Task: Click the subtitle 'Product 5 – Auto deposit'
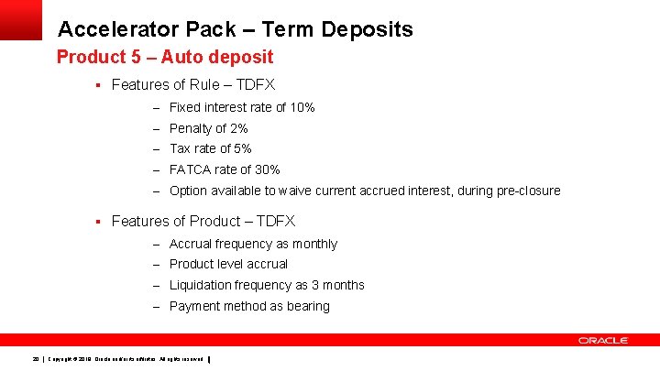[x=165, y=58]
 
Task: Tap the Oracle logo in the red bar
[x=602, y=340]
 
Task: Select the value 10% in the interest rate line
[x=302, y=107]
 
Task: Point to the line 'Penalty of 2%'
[x=209, y=128]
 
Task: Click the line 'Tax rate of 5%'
[x=211, y=148]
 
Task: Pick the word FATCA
[x=192, y=169]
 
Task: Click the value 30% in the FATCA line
[x=267, y=169]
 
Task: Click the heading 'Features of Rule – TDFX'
[x=192, y=85]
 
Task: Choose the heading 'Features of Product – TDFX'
[x=203, y=221]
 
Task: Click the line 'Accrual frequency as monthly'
[x=253, y=244]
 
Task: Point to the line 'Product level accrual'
[x=228, y=264]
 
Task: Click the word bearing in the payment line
[x=307, y=306]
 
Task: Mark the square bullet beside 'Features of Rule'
[x=96, y=85]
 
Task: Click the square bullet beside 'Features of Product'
[x=96, y=221]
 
